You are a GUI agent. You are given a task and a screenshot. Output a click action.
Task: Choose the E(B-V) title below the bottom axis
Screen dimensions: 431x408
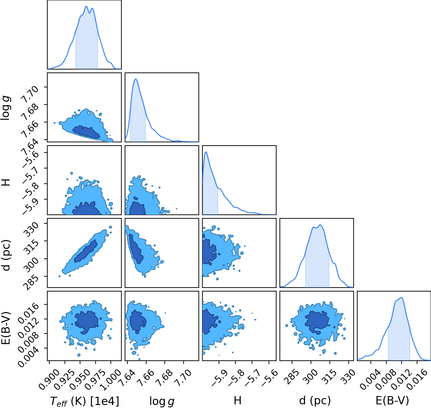click(x=392, y=400)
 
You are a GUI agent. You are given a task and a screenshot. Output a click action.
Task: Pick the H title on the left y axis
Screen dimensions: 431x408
click(x=6, y=182)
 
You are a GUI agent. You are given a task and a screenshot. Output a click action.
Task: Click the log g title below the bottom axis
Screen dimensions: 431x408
click(x=162, y=401)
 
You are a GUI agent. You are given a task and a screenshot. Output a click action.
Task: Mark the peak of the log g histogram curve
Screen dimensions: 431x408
click(x=136, y=79)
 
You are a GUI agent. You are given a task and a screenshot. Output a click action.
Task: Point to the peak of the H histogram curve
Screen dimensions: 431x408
click(x=206, y=152)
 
